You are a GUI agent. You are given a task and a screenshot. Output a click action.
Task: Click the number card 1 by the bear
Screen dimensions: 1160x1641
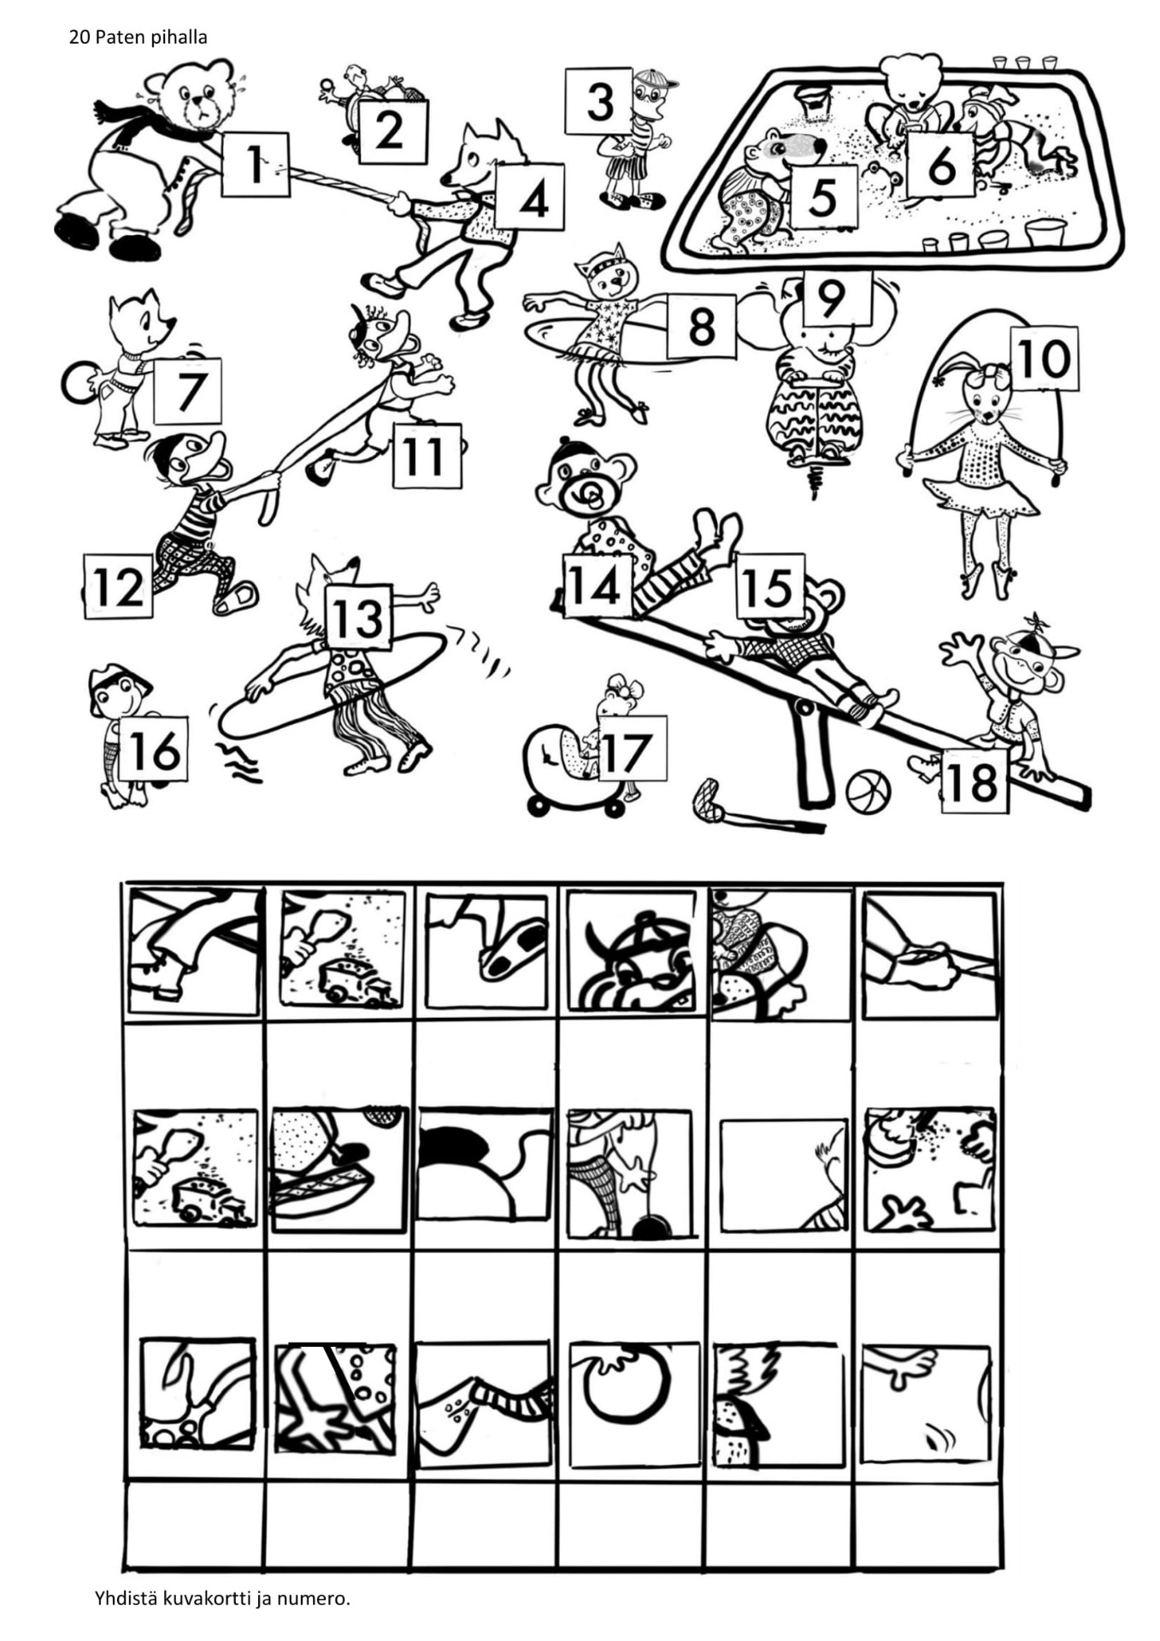tap(256, 164)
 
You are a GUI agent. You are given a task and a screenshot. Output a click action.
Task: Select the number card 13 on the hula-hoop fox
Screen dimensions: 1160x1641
tap(358, 618)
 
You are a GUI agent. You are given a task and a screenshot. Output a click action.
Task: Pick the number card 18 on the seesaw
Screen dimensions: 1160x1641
tap(975, 780)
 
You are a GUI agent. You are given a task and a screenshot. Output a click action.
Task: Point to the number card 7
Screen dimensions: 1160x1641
tap(187, 391)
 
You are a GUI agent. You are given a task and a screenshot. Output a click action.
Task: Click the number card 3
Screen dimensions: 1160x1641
tap(599, 101)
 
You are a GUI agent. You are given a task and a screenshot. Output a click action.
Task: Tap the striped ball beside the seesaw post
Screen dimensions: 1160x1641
tap(869, 793)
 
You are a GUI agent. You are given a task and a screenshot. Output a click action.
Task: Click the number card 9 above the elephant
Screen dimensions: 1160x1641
tap(830, 297)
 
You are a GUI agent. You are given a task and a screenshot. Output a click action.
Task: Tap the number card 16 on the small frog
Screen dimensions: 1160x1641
tap(154, 749)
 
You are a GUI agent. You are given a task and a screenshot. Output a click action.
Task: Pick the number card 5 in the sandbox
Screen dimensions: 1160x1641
tap(822, 197)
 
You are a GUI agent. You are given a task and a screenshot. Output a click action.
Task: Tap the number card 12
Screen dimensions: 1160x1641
tap(118, 585)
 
